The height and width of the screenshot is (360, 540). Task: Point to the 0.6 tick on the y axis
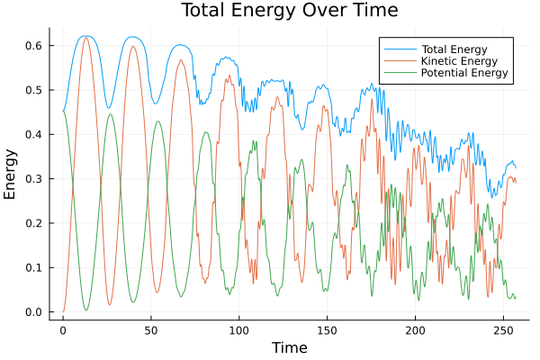[33, 45]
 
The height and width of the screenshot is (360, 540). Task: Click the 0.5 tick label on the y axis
[33, 90]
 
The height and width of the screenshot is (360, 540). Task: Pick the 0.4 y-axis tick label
[33, 134]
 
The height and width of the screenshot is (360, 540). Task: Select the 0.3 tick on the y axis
[33, 179]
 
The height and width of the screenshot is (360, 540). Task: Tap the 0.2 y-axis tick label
[33, 223]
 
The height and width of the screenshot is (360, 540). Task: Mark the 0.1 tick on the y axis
[33, 268]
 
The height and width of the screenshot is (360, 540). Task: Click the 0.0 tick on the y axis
[33, 312]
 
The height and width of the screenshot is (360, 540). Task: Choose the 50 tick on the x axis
[150, 330]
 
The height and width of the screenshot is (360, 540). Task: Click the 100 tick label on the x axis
[238, 330]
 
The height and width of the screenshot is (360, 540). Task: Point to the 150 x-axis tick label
[327, 330]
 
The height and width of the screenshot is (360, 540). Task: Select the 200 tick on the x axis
[415, 330]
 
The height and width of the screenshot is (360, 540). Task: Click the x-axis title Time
[290, 347]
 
